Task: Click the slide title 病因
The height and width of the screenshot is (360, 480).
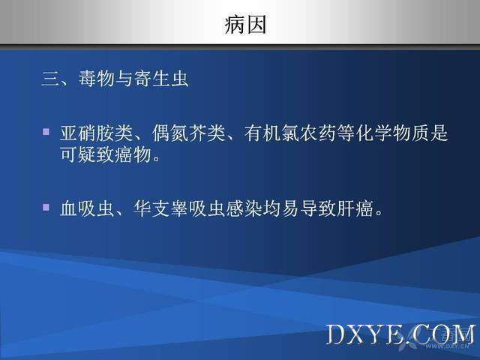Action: coord(245,25)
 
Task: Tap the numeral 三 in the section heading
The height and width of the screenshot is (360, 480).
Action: coord(51,79)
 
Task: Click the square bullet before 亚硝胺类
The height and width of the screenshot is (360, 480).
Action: coord(46,132)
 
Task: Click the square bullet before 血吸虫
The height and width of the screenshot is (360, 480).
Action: coord(46,208)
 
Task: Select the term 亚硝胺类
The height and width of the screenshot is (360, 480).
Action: coord(96,133)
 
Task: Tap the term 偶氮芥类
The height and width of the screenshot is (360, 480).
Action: coord(188,133)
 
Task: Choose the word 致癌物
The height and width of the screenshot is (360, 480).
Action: coord(124,154)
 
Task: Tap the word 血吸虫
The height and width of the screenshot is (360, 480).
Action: coord(87,208)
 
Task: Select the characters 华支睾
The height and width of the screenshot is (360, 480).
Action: coord(160,208)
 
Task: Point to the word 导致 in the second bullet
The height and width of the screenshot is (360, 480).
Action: coord(318,208)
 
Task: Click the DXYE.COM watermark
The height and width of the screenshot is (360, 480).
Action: coord(400,334)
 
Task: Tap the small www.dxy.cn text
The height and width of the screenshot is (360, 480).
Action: coord(448,346)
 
